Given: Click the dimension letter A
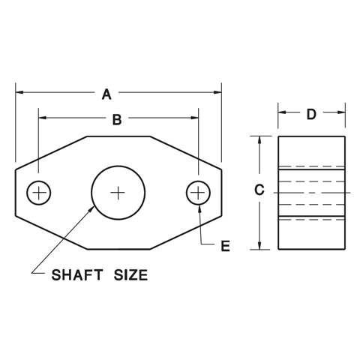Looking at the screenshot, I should pyautogui.click(x=106, y=94).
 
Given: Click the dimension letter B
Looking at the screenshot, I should pyautogui.click(x=116, y=118).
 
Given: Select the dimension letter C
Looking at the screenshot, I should pyautogui.click(x=259, y=190).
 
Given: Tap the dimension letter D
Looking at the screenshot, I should pyautogui.click(x=311, y=114).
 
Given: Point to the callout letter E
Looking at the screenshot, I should pyautogui.click(x=225, y=245).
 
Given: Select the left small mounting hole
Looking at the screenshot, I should pyautogui.click(x=38, y=193).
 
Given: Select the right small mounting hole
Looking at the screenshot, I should pyautogui.click(x=198, y=193).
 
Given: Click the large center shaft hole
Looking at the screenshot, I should pyautogui.click(x=118, y=193).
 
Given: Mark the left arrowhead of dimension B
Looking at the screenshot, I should pyautogui.click(x=43, y=118).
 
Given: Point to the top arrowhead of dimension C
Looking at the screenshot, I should pyautogui.click(x=259, y=140).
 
